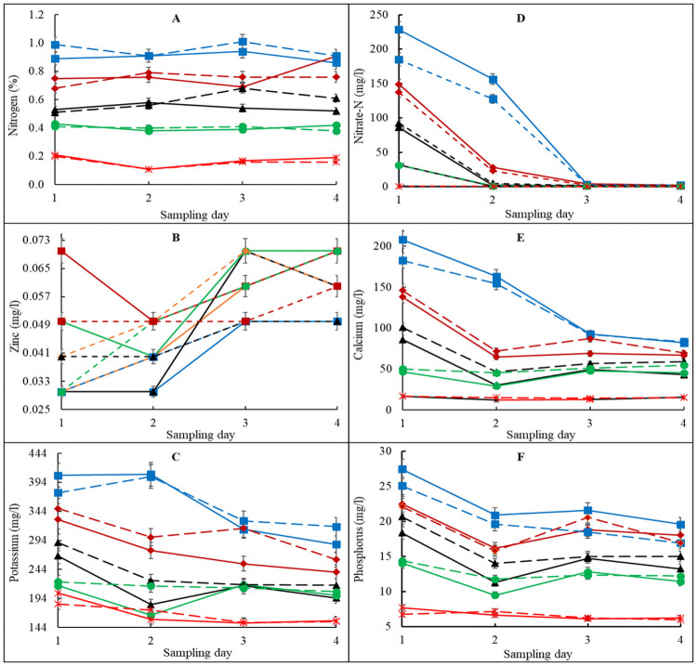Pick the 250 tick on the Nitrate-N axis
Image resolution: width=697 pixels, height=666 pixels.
pyautogui.click(x=379, y=15)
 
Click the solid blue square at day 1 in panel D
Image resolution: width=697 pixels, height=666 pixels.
pyautogui.click(x=400, y=30)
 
